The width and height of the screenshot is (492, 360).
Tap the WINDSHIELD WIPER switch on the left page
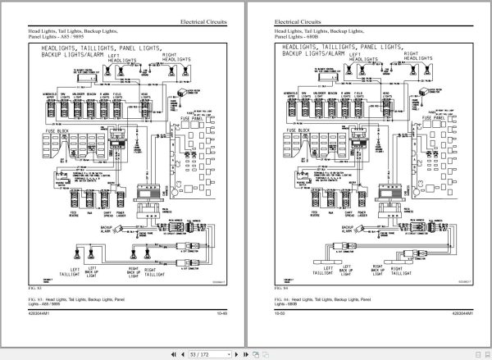(50, 108)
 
